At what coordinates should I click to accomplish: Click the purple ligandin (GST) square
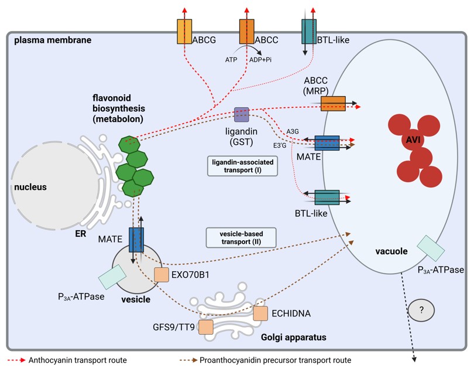[x=242, y=114]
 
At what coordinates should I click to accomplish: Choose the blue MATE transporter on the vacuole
[x=327, y=145]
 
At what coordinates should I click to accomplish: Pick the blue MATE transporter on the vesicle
[x=136, y=240]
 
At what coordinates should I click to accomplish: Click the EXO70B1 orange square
[x=162, y=274]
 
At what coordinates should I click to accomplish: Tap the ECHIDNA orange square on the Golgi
[x=260, y=313]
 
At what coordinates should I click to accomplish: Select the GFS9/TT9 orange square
[x=205, y=326]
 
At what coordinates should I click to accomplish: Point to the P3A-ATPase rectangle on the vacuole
[x=430, y=248]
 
